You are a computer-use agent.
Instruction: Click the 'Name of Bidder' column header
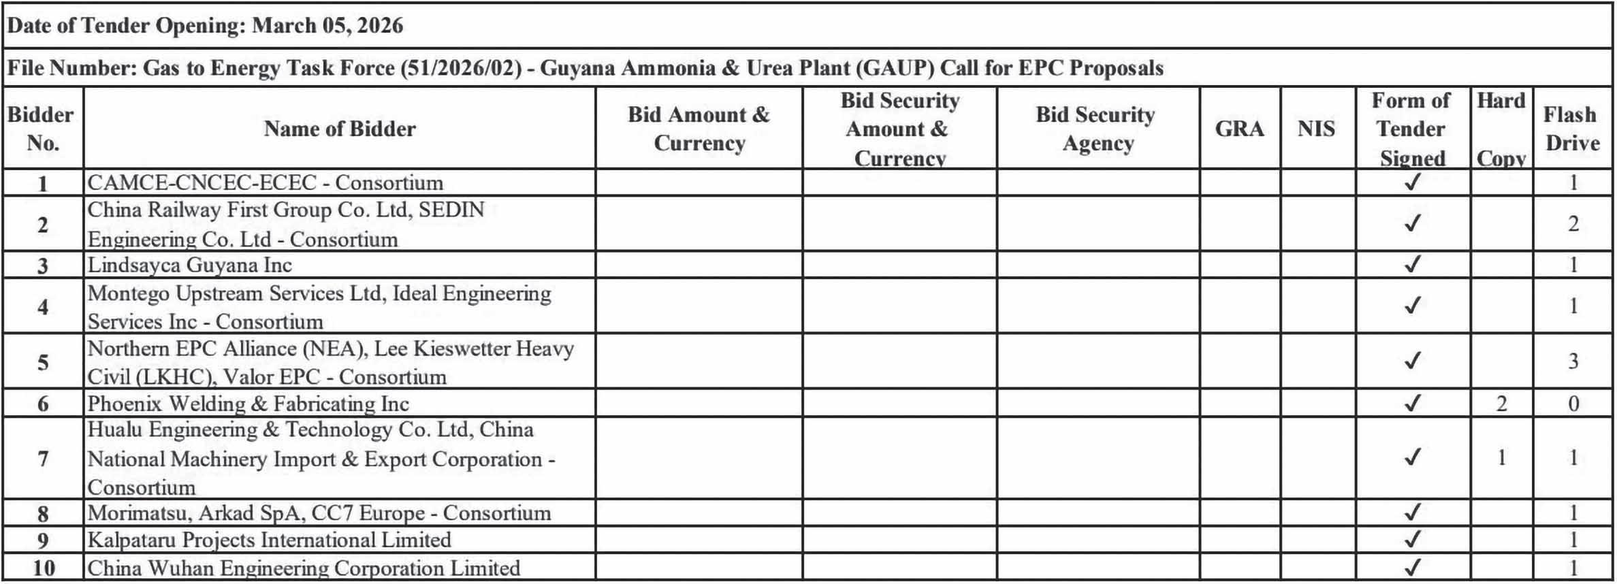(x=339, y=129)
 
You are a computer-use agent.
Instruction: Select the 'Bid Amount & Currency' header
(x=699, y=129)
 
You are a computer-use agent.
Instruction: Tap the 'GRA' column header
(x=1239, y=129)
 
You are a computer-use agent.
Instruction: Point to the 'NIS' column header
(x=1316, y=129)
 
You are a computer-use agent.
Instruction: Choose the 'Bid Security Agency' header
(x=1095, y=129)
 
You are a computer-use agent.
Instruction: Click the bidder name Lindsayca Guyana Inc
(x=190, y=265)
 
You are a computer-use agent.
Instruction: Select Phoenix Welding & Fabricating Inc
(x=248, y=404)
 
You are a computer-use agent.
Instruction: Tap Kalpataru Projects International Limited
(x=269, y=540)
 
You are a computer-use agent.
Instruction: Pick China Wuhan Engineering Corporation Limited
(x=304, y=568)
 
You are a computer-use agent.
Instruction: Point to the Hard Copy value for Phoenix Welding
(x=1501, y=404)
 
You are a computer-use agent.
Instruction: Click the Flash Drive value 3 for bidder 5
(x=1573, y=361)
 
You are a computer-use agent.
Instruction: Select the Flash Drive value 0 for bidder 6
(x=1573, y=404)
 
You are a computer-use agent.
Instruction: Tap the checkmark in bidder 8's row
(x=1412, y=513)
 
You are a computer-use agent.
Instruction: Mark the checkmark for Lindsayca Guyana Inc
(x=1412, y=264)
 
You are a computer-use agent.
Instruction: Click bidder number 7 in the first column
(x=43, y=458)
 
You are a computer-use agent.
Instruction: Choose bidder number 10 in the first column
(x=43, y=568)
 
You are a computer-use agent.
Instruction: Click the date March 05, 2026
(x=327, y=26)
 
